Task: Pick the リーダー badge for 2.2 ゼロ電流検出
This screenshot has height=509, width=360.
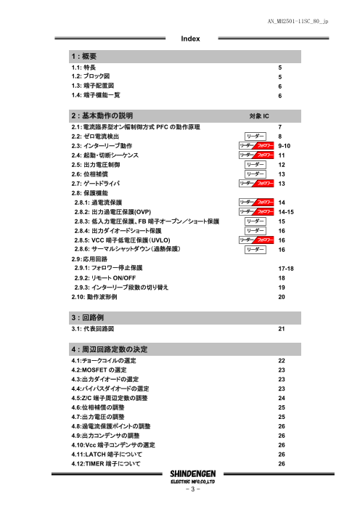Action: (254, 136)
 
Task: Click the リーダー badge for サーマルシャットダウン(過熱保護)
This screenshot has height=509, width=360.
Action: (254, 249)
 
